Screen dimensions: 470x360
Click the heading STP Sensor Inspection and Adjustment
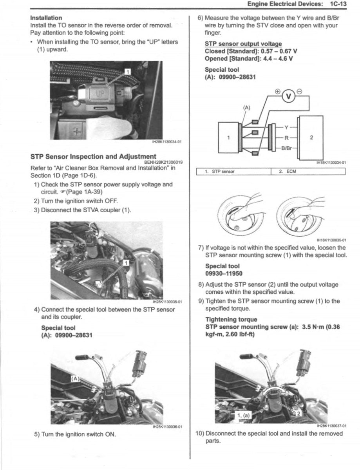93,156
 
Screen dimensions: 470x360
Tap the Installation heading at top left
46,18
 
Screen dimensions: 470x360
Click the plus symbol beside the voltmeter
278,91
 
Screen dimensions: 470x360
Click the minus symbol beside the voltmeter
300,91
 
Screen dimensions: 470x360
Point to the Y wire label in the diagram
286,128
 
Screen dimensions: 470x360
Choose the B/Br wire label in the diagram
287,148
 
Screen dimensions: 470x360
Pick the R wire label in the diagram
286,138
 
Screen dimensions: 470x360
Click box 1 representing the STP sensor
228,137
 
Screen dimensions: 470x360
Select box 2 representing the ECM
311,137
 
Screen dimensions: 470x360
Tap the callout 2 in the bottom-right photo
298,413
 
